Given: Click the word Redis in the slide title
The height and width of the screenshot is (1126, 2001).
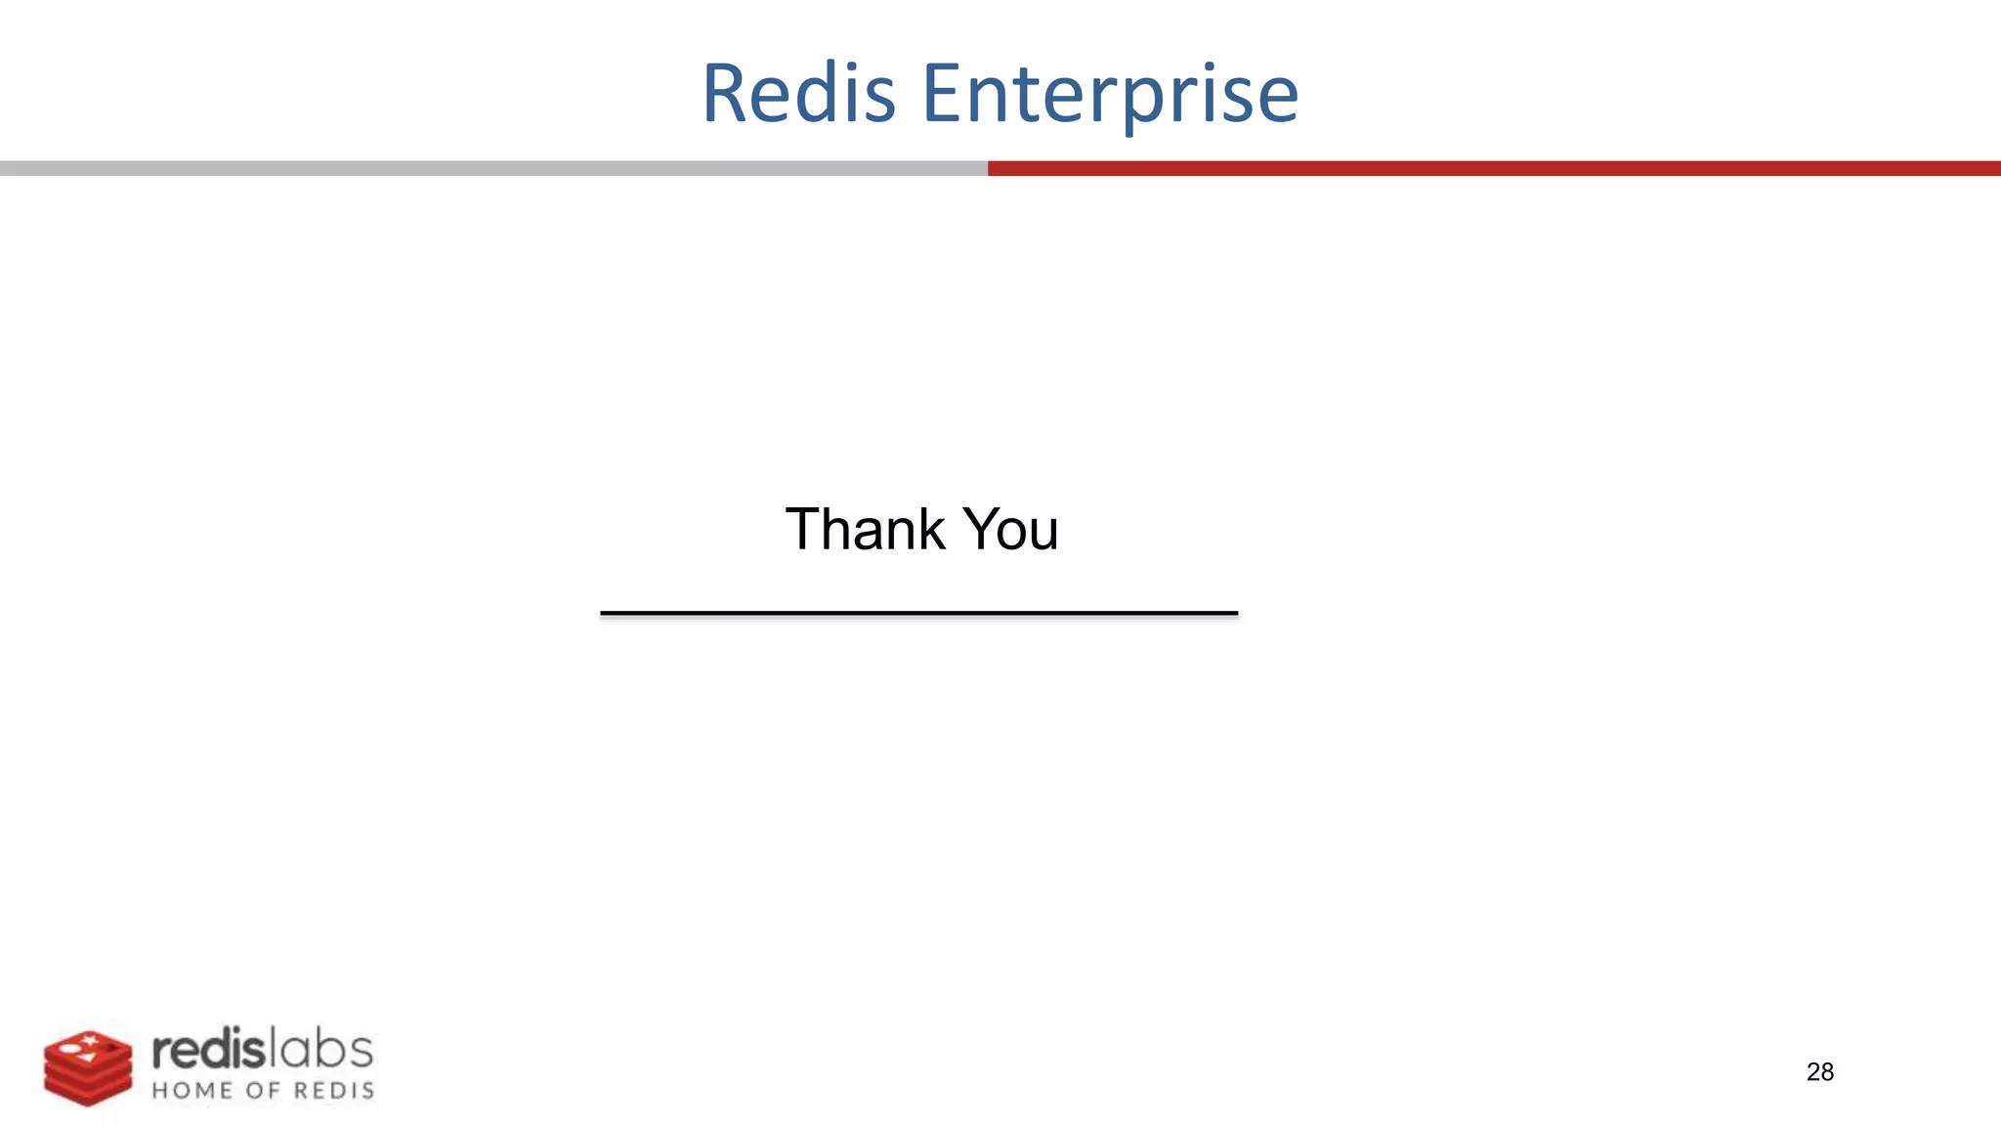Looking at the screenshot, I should [x=798, y=94].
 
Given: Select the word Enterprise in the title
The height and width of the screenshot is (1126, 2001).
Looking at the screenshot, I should [x=1110, y=94].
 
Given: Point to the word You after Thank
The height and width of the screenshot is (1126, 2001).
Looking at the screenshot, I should [x=1011, y=530].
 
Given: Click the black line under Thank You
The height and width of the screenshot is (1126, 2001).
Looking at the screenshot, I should [x=918, y=613].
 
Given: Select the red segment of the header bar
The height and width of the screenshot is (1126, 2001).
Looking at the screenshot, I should [x=1494, y=168].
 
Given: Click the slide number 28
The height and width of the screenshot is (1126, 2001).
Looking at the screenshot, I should [x=1819, y=1072].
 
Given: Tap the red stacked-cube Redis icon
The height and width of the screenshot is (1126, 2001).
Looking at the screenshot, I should [x=88, y=1068].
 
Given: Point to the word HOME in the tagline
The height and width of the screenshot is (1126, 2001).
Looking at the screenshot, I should [x=192, y=1091].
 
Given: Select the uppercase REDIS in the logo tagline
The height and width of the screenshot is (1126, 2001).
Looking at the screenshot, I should [x=334, y=1091].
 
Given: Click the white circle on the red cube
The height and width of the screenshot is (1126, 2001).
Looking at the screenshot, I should [x=68, y=1048].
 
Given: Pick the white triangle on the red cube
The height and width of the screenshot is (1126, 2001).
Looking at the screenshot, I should [x=88, y=1058].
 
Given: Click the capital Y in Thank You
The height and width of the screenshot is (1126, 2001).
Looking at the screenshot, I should [x=983, y=530].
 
